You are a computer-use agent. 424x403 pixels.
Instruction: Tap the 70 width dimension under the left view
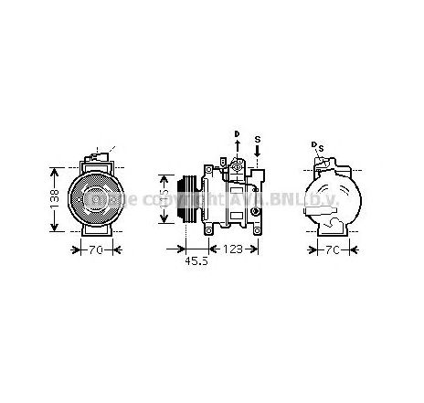[x=95, y=249]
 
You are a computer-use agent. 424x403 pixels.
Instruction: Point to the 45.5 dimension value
[x=194, y=260]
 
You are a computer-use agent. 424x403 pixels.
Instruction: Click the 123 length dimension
[x=233, y=249]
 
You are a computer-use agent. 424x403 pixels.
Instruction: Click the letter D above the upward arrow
[x=237, y=133]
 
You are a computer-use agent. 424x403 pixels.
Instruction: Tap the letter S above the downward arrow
[x=258, y=139]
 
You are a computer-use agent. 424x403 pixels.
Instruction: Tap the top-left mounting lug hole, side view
[x=209, y=170]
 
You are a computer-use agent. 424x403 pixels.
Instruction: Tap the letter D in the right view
[x=313, y=144]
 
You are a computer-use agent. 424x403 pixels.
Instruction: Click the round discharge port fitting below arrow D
[x=237, y=165]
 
